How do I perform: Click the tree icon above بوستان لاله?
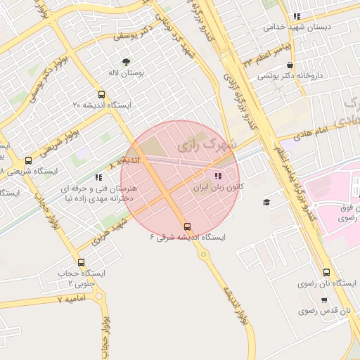(127, 62)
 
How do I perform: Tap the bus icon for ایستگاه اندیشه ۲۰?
(102, 94)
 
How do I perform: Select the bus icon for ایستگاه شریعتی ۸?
(28, 160)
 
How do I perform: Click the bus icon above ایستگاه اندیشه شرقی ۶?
(187, 226)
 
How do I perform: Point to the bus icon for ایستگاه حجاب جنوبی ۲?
(81, 262)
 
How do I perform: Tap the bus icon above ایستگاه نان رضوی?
(326, 272)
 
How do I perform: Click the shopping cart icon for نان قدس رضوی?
(323, 299)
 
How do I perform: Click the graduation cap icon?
(266, 202)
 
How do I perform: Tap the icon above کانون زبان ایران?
(217, 176)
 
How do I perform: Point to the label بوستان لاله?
(128, 73)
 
